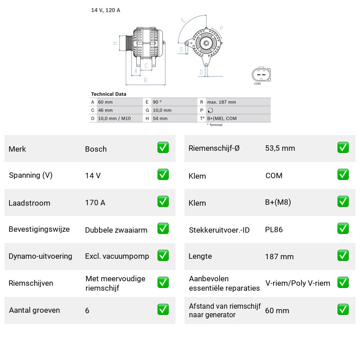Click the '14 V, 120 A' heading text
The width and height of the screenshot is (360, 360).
click(106, 10)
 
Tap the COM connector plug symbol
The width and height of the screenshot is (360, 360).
click(261, 75)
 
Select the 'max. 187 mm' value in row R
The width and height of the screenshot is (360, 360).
click(221, 102)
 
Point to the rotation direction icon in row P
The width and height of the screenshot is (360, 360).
click(210, 110)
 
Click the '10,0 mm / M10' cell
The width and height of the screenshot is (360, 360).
click(114, 118)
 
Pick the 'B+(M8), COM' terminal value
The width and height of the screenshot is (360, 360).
click(222, 118)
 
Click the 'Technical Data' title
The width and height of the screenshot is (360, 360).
click(108, 94)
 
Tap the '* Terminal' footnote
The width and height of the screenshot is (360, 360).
click(215, 125)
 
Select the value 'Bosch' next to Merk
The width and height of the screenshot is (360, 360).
click(96, 149)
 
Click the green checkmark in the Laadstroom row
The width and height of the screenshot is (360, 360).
click(163, 201)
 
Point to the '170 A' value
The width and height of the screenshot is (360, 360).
click(95, 203)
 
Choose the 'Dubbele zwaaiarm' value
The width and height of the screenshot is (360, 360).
click(116, 230)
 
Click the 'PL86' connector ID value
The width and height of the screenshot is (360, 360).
click(274, 229)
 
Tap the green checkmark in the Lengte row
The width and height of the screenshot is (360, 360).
click(343, 256)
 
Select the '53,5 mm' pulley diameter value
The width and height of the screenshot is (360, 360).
click(280, 148)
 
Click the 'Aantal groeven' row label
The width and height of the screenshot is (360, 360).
click(34, 310)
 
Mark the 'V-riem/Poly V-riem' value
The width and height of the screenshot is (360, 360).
click(297, 283)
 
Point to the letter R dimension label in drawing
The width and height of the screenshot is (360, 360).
click(145, 81)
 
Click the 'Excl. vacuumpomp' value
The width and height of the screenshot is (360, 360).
click(117, 256)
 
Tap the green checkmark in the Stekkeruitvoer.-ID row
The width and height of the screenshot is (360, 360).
click(343, 229)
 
